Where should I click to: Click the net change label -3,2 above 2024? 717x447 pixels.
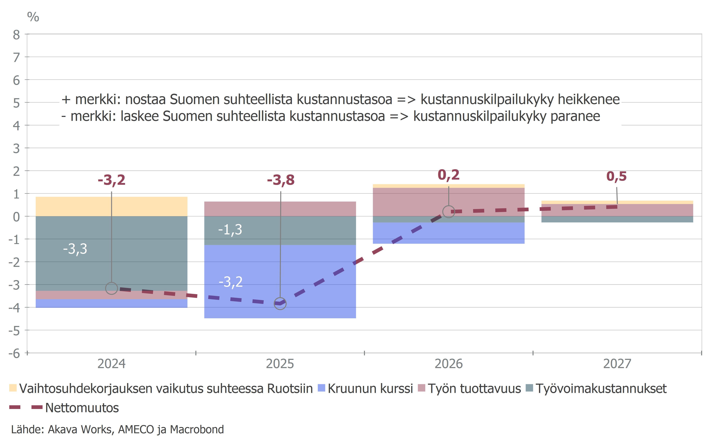(111, 180)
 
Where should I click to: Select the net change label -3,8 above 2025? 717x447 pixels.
(281, 180)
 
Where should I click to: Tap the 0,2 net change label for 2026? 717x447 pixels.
(448, 175)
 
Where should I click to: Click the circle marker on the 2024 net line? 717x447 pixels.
(111, 288)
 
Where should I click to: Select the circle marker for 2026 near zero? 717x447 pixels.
(448, 212)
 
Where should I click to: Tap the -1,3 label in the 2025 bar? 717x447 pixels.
(230, 230)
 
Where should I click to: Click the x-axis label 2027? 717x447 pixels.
(617, 364)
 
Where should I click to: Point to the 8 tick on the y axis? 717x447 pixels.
(16, 35)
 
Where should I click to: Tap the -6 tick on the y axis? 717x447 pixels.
(14, 353)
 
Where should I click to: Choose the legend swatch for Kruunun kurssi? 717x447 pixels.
(321, 388)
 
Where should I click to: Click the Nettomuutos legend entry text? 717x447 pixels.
(82, 408)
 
